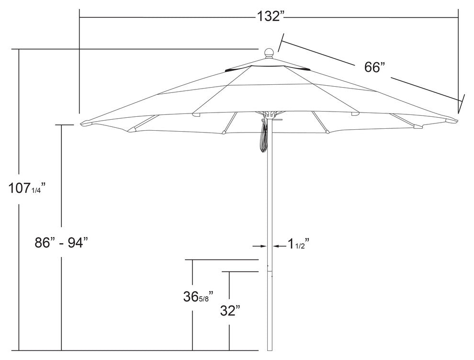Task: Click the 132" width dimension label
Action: (x=271, y=17)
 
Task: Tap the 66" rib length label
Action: (x=375, y=67)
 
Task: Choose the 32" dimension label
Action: (x=230, y=311)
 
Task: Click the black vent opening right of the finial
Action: (x=302, y=69)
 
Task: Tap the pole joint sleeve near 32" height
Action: (x=270, y=274)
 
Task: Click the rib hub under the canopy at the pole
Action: (x=270, y=115)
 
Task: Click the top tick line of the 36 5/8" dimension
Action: (x=225, y=260)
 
